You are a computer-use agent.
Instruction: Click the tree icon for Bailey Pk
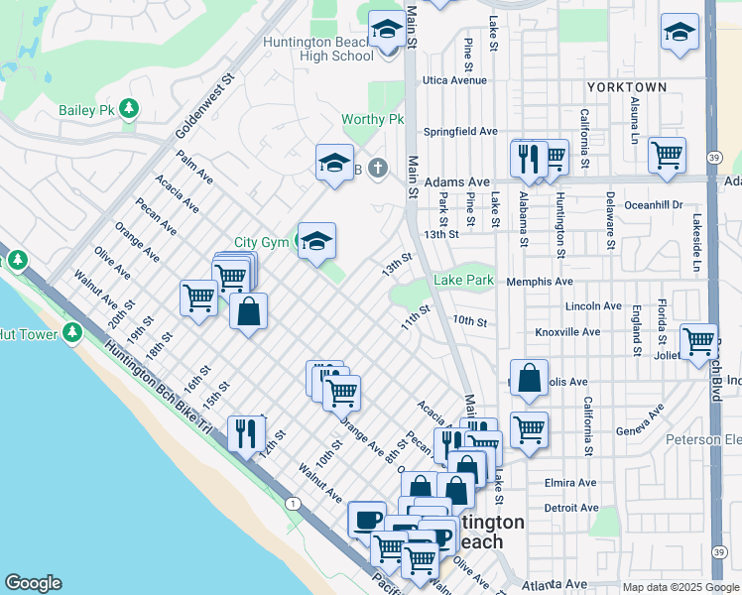128,108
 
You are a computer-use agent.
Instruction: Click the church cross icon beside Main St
377,168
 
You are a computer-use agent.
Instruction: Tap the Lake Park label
463,281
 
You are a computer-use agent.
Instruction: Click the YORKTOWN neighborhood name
626,87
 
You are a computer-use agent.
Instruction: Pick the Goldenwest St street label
203,104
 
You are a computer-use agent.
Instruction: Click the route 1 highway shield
293,504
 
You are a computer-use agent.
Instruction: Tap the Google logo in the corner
33,583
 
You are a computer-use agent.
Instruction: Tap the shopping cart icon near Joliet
698,340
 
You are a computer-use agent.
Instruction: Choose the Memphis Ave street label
540,282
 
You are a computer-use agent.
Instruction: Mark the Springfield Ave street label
460,131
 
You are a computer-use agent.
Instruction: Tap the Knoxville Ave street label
567,332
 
